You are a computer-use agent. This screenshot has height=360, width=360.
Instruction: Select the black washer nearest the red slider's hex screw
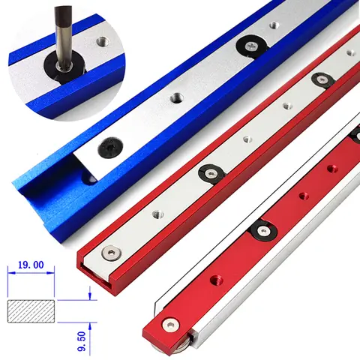tap(262, 231)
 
